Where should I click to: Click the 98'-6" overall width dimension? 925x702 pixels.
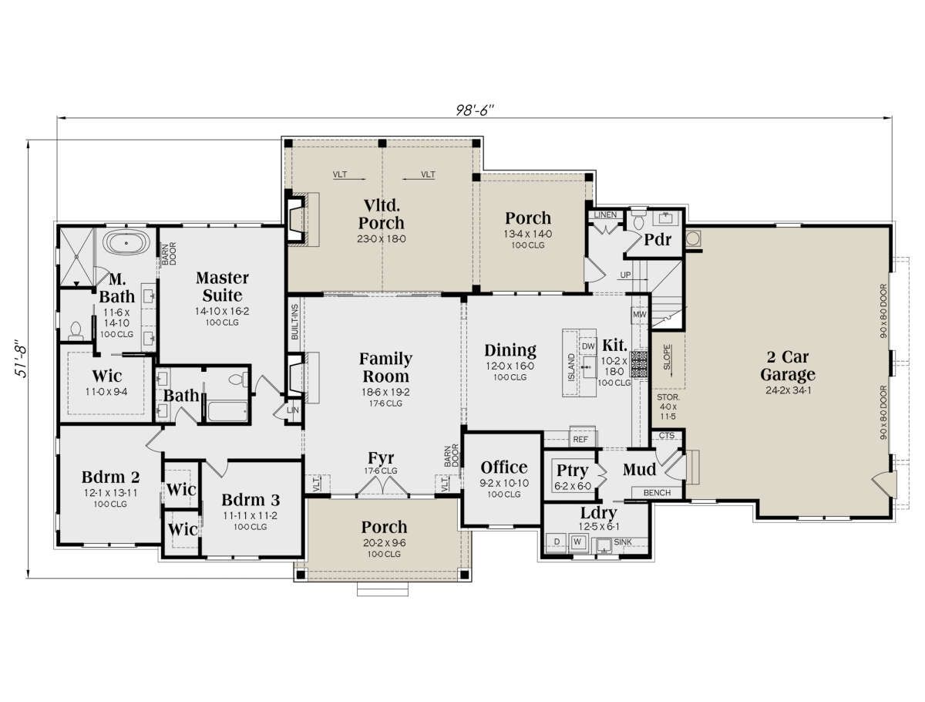(x=473, y=110)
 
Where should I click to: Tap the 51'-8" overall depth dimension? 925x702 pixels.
(x=21, y=358)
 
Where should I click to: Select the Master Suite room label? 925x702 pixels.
(x=222, y=286)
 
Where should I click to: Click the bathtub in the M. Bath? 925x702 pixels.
(x=126, y=243)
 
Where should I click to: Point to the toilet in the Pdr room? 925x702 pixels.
(x=639, y=219)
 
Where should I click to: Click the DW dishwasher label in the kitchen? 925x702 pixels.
(x=588, y=347)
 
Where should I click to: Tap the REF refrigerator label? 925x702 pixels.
(x=580, y=440)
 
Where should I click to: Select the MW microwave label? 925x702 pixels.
(x=639, y=314)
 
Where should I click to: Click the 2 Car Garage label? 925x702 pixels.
(x=788, y=366)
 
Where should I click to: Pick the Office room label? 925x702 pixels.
(x=503, y=467)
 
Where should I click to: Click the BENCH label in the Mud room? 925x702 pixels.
(x=657, y=492)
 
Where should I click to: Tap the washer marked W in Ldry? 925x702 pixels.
(x=578, y=542)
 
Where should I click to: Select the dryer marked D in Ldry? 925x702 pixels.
(x=557, y=542)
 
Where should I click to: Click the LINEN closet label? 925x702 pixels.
(x=605, y=214)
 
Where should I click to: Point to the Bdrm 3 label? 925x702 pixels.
(x=251, y=500)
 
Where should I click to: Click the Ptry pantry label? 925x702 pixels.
(x=572, y=470)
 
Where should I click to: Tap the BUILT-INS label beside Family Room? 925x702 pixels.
(x=294, y=322)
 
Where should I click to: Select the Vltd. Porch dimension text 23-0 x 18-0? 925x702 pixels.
(x=381, y=238)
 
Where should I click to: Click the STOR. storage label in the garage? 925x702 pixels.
(x=668, y=397)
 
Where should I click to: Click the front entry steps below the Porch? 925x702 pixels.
(x=382, y=589)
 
